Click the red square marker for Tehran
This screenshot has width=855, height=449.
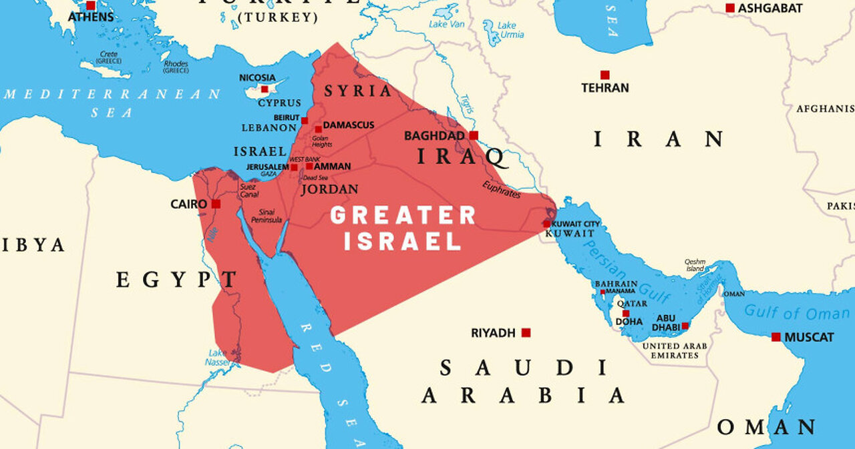[605, 75]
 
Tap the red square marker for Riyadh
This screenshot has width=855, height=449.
[526, 332]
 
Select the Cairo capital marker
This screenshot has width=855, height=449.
[216, 203]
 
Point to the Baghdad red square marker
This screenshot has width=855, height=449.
[474, 135]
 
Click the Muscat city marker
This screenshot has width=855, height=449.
[776, 337]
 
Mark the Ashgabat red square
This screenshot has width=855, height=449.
[730, 8]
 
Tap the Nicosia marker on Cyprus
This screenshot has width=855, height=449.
[265, 89]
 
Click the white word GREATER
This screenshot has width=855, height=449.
[403, 215]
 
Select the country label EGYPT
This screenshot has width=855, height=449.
[177, 280]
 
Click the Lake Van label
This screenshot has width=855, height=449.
[448, 24]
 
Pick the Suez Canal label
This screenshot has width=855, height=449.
[249, 191]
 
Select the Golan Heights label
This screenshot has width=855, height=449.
[322, 141]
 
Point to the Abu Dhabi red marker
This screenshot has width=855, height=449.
[685, 326]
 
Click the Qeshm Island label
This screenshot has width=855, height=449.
[695, 266]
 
